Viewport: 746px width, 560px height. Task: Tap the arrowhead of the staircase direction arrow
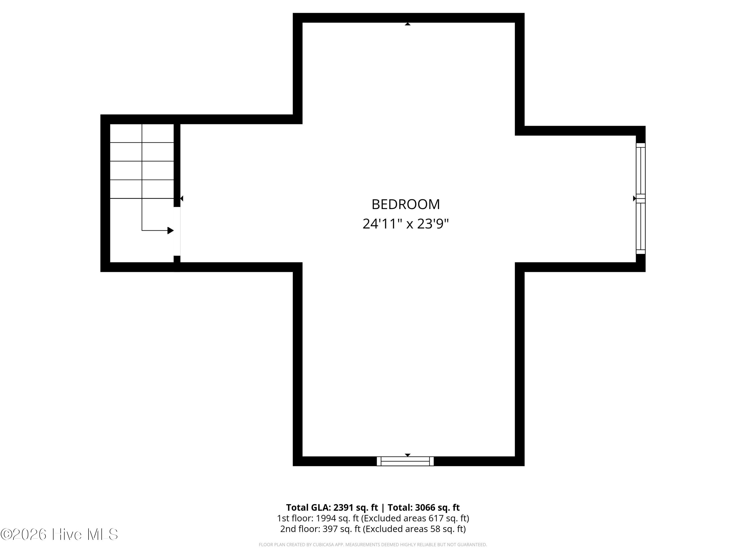point(171,230)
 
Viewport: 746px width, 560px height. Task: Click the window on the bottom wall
point(405,461)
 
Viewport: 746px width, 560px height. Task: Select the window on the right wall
point(640,198)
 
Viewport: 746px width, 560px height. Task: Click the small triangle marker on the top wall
point(407,24)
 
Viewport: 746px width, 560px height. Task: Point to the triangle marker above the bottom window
point(407,455)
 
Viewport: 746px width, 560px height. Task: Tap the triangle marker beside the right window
point(634,198)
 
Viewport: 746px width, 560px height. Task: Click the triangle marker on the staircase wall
point(182,198)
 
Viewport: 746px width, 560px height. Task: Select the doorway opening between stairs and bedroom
point(177,231)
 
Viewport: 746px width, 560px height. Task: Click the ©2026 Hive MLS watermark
point(59,534)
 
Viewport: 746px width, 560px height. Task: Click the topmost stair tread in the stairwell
point(142,133)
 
